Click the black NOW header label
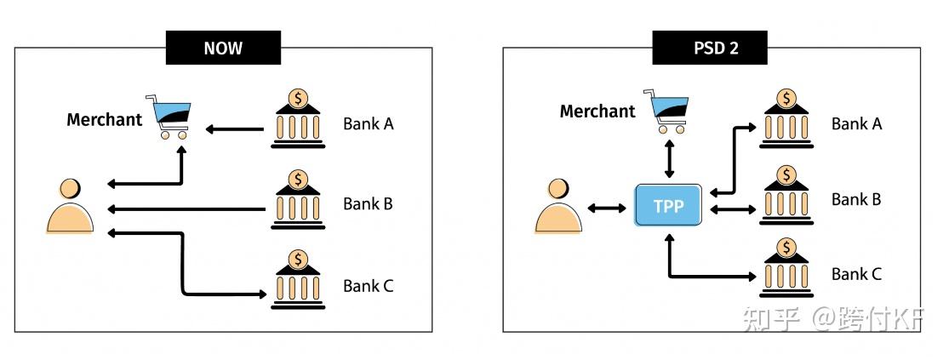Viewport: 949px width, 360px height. click(x=223, y=48)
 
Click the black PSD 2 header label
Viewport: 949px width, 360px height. click(x=710, y=48)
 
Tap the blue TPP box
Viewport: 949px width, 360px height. click(x=668, y=205)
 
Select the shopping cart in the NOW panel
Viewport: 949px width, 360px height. click(x=171, y=117)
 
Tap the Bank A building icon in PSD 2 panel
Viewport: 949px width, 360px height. click(x=786, y=120)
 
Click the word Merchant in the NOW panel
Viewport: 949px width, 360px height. click(x=105, y=120)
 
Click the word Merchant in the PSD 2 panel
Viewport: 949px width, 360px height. click(x=597, y=111)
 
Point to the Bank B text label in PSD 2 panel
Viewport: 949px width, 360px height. click(x=856, y=200)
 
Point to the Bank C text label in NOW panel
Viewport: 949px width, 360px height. click(x=368, y=286)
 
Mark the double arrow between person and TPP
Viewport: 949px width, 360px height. click(x=608, y=208)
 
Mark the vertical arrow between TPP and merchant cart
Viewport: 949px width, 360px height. click(x=669, y=159)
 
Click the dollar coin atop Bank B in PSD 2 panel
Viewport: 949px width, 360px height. click(x=786, y=174)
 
